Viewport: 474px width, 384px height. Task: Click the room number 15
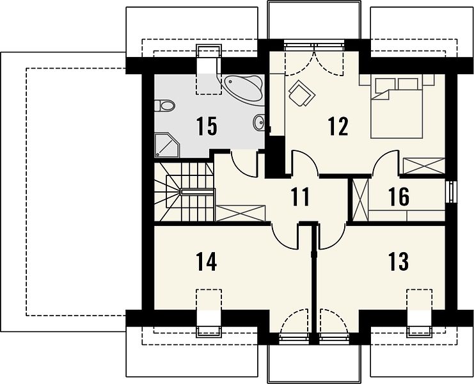tap(207, 126)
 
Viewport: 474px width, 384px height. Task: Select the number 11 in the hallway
tap(301, 196)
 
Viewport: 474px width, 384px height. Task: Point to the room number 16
tap(399, 196)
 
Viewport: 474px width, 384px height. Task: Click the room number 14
tap(207, 262)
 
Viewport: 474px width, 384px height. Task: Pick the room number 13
tap(399, 262)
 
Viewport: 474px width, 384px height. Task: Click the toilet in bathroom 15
tap(165, 106)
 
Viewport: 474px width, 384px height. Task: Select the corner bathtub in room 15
tap(242, 88)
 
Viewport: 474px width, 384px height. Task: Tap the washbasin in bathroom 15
tap(259, 122)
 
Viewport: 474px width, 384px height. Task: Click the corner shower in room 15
tap(167, 145)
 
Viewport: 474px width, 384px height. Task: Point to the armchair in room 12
tap(302, 93)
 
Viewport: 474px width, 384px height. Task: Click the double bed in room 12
tap(397, 108)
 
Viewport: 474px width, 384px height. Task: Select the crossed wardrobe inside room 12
tap(424, 166)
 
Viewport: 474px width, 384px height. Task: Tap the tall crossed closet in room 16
tap(361, 200)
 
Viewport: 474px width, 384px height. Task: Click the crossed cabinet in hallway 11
tap(241, 213)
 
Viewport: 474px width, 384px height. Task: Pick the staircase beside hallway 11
tap(184, 192)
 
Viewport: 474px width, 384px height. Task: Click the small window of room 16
tap(452, 192)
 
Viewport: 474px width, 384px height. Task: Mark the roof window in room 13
tap(420, 313)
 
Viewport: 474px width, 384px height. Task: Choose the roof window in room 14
tap(209, 313)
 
